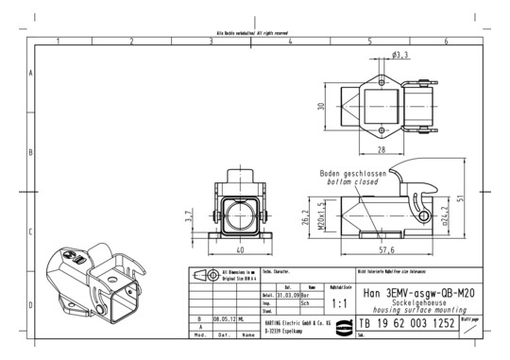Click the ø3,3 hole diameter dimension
tap(399, 56)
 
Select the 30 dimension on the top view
tap(321, 107)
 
